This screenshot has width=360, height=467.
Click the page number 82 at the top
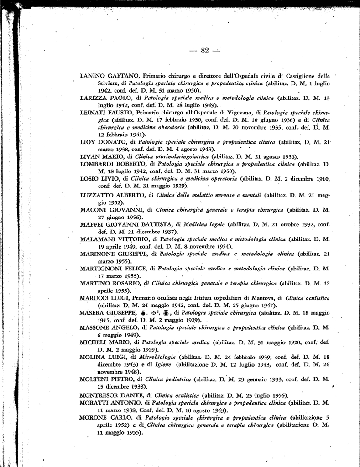click(204, 50)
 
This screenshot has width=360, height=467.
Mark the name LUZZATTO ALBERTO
click(111, 195)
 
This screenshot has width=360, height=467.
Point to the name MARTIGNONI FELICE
click(116, 269)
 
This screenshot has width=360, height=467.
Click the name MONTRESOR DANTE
click(112, 395)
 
